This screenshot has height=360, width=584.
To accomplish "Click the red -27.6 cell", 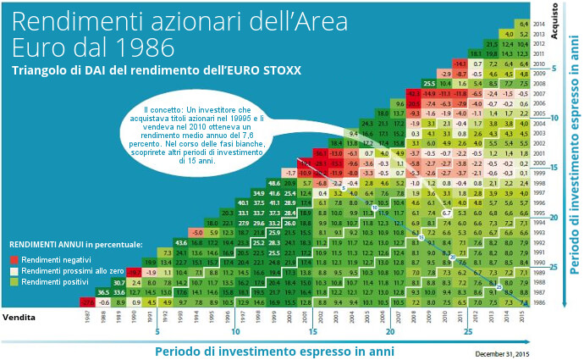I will click(86, 301).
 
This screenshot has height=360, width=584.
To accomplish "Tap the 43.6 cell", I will click(180, 242).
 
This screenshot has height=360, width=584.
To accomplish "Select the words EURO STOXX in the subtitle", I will click(264, 69).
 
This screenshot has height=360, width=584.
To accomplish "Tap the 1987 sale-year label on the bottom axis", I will click(86, 318).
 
